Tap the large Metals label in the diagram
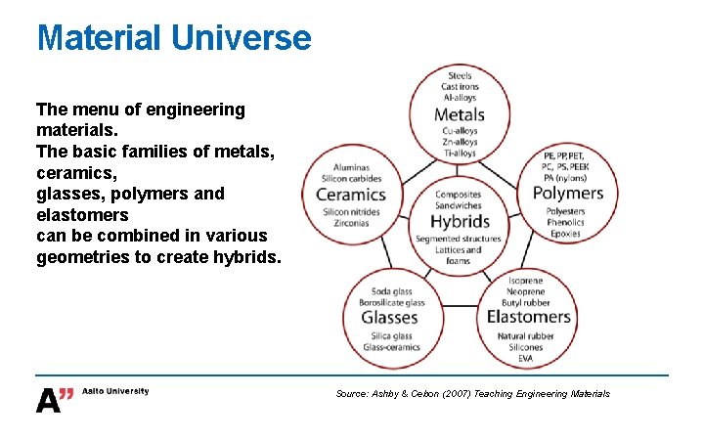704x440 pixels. click(x=460, y=114)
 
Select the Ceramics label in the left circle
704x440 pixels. click(x=351, y=195)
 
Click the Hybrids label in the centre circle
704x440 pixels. click(x=460, y=221)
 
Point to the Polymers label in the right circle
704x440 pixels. click(x=568, y=193)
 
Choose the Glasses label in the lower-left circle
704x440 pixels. click(x=389, y=317)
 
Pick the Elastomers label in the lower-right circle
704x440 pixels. click(x=528, y=317)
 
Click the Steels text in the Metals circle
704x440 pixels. click(x=460, y=75)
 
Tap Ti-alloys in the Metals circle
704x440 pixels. click(x=460, y=154)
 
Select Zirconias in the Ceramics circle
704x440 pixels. click(x=351, y=224)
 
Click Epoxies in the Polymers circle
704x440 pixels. click(x=565, y=234)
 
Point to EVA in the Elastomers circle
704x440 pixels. click(x=526, y=359)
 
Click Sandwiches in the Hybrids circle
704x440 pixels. click(x=460, y=206)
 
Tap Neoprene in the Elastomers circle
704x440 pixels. click(x=526, y=291)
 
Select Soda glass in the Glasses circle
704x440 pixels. click(x=391, y=291)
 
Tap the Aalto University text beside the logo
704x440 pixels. click(x=115, y=391)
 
